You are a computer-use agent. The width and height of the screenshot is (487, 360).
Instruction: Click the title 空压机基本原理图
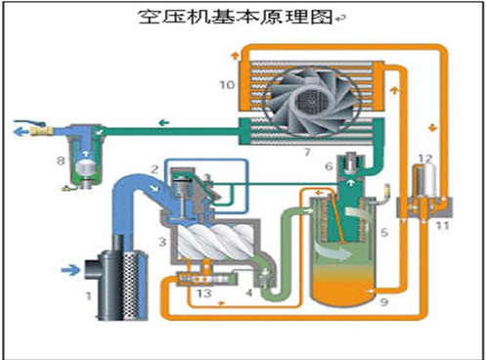pos(238,18)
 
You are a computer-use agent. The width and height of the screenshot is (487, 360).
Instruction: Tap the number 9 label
pos(383,304)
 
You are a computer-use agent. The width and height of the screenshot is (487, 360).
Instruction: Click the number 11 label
pos(441,226)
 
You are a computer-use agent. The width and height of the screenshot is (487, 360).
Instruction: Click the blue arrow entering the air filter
pos(70,266)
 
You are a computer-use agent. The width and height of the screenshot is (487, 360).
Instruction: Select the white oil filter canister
pos(423,182)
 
